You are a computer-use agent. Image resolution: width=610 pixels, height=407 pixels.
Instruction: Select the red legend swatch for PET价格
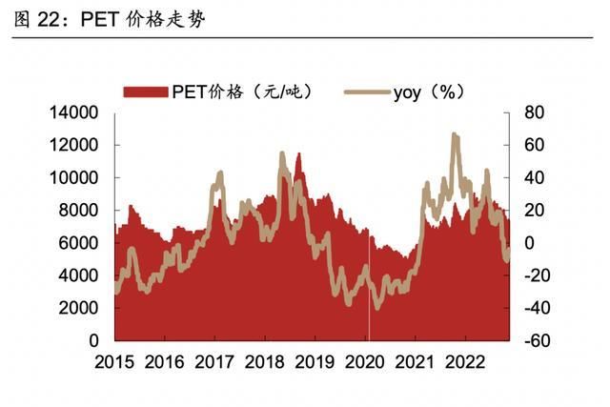click(146, 92)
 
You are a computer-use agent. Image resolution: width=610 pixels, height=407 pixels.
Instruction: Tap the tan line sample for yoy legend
click(365, 92)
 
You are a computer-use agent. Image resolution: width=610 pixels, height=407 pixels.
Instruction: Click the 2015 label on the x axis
click(114, 362)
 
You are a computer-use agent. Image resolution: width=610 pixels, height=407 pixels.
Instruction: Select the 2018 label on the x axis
click(264, 362)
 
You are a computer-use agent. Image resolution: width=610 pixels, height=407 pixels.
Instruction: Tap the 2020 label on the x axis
click(363, 362)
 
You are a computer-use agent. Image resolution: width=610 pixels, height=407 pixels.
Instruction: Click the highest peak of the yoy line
click(455, 135)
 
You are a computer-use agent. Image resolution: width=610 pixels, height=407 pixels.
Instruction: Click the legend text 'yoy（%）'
click(428, 92)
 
